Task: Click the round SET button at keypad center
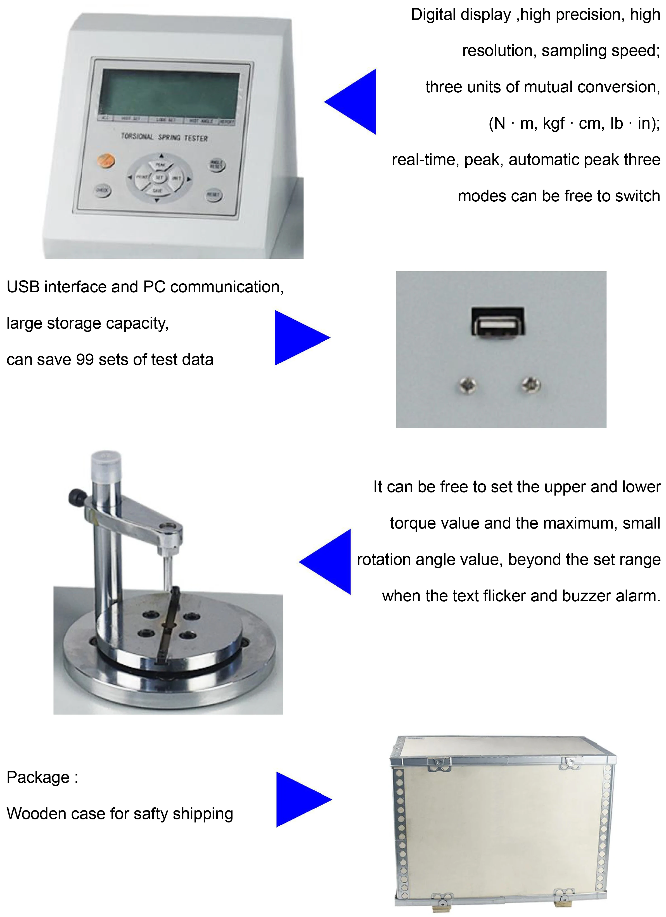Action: tap(159, 178)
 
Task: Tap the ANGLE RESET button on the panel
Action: tap(217, 164)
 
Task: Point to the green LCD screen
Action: tap(169, 94)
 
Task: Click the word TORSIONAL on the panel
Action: tap(138, 136)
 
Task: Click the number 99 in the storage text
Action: tap(85, 359)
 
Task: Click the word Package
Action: tap(38, 777)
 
